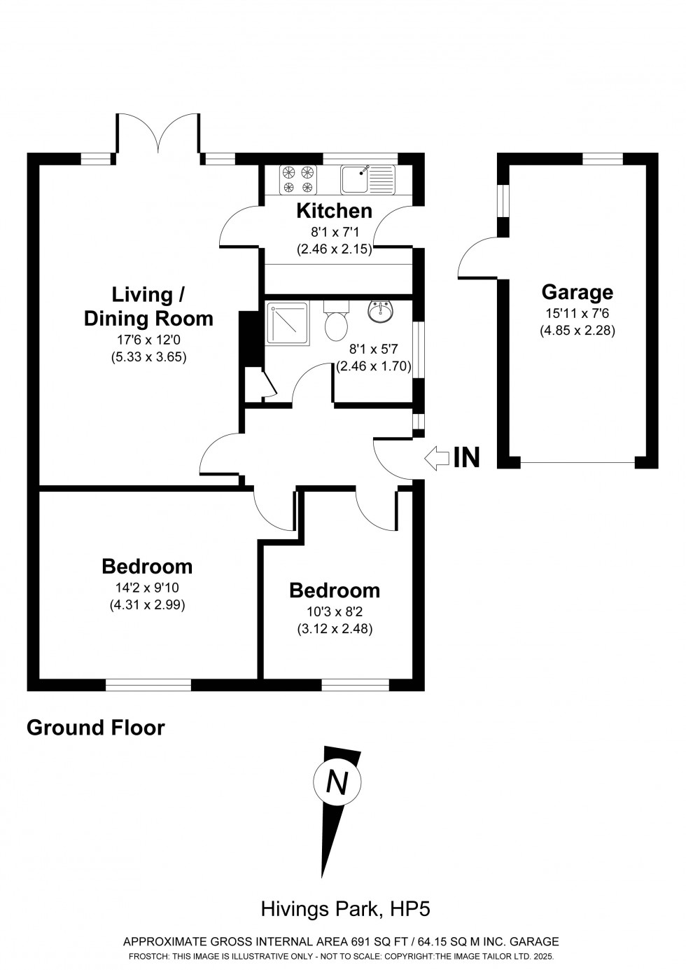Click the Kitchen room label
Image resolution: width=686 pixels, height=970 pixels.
click(334, 210)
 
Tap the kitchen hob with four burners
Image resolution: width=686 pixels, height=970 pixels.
click(298, 179)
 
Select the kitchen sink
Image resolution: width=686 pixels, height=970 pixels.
click(367, 179)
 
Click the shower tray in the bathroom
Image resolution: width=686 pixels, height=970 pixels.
click(287, 322)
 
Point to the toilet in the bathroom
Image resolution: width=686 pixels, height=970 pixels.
click(336, 322)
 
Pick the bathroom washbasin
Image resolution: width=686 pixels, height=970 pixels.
click(381, 312)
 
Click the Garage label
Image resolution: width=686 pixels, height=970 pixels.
click(577, 292)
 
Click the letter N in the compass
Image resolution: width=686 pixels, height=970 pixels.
click(337, 782)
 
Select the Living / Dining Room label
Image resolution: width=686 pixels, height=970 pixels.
click(148, 306)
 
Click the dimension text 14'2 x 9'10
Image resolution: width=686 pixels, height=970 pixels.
click(147, 588)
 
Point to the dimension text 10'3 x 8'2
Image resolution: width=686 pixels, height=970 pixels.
click(335, 611)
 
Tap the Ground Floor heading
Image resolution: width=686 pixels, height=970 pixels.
click(95, 728)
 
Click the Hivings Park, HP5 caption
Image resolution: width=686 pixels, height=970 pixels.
click(345, 909)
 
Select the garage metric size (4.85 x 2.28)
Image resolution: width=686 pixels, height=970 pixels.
click(577, 331)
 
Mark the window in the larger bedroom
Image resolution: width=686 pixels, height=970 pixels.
click(148, 684)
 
